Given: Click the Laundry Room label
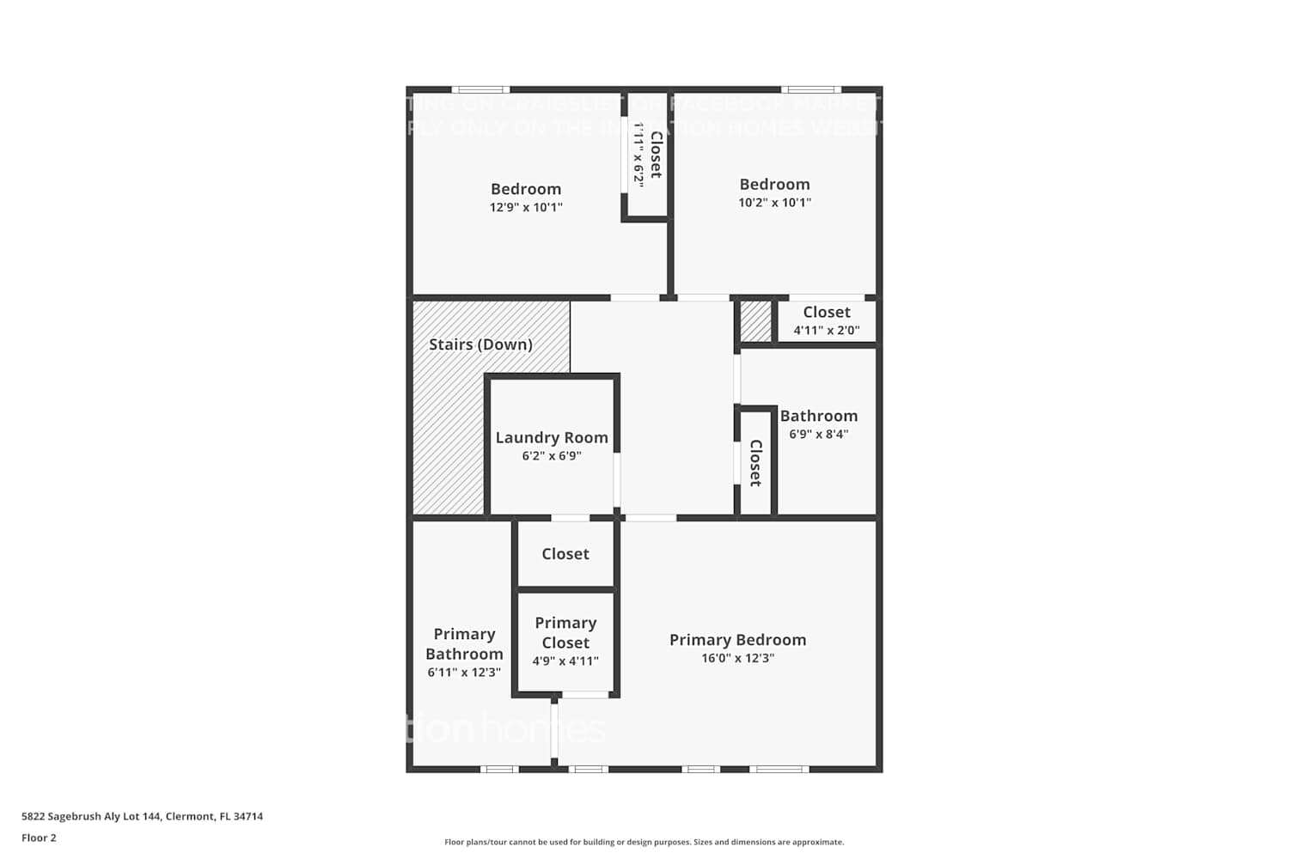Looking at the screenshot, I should pos(552,437).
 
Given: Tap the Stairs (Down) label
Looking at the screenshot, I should pos(480,344).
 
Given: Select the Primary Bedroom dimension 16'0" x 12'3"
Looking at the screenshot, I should pos(737,658).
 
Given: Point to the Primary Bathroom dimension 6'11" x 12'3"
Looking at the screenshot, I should pos(464,673).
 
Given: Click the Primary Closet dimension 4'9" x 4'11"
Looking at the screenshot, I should pos(565,661).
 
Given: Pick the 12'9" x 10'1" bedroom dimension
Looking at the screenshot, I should pos(526,207).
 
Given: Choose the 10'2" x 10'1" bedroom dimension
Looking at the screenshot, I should pos(774,203).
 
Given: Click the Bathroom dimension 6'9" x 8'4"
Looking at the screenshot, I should pos(819,434).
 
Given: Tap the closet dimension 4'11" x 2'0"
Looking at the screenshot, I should pos(826,330).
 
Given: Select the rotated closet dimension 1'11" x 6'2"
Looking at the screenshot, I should pos(638,153).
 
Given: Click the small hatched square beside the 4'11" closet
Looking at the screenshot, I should pos(756,321).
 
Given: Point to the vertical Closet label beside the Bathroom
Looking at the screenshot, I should pos(756,463).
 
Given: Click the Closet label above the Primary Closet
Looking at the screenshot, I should pos(565,554).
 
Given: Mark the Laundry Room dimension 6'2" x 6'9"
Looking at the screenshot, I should pos(552,456).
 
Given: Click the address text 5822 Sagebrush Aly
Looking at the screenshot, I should pos(143,816).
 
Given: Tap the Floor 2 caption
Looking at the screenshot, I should pos(39,838).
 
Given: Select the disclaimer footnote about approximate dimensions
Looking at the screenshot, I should pos(644,842).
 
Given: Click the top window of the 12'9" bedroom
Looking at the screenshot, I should pos(480,89).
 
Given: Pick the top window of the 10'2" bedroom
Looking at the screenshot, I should pos(810,89).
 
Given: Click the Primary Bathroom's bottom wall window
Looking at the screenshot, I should pos(498,769).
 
